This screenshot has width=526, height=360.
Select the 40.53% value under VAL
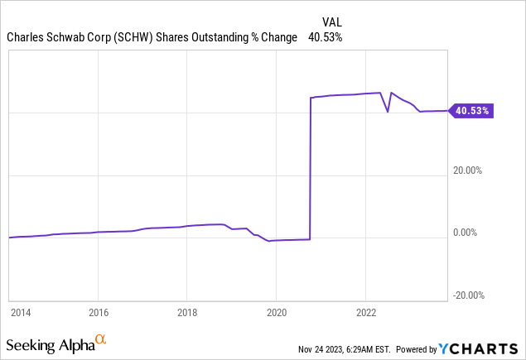coord(325,37)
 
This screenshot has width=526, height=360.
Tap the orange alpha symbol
coord(101,339)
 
